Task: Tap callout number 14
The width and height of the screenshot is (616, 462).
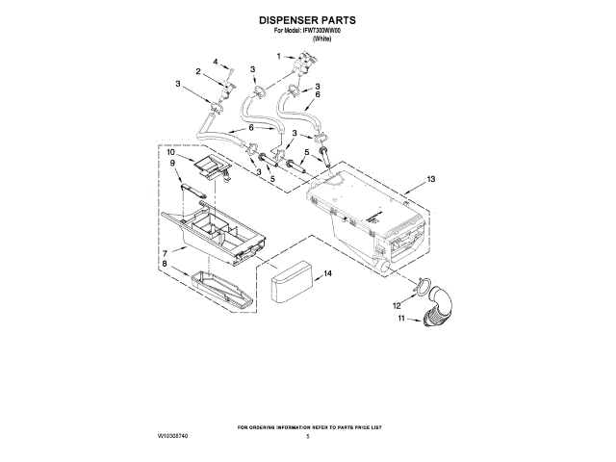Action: click(327, 274)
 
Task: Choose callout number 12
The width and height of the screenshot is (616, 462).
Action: click(396, 305)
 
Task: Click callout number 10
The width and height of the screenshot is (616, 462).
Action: click(170, 152)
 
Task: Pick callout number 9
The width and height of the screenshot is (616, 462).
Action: click(174, 164)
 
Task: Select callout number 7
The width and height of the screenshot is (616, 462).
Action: click(166, 252)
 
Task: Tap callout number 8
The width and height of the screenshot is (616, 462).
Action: click(166, 264)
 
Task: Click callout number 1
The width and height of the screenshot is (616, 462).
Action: click(279, 57)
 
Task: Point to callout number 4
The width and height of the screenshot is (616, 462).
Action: click(216, 61)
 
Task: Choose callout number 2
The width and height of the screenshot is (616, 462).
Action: click(197, 72)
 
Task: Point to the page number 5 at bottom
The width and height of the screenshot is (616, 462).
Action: click(308, 436)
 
